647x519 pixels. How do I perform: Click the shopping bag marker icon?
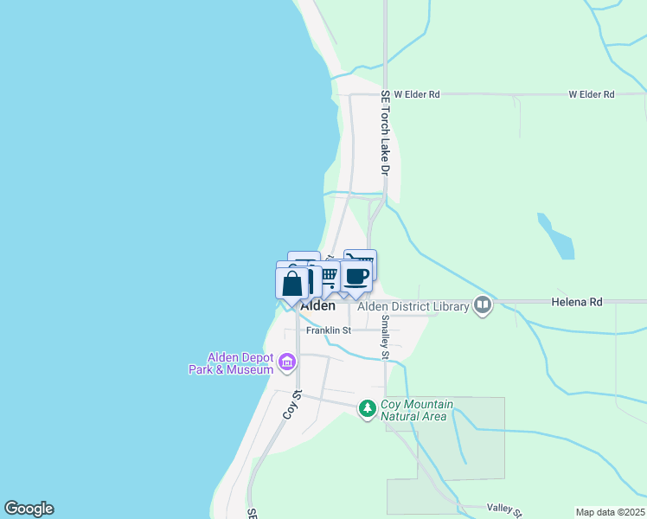click(292, 283)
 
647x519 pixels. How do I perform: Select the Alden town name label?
click(317, 306)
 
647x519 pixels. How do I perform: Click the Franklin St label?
click(329, 330)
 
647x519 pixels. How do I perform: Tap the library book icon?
click(483, 304)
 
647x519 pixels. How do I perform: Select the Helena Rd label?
click(575, 302)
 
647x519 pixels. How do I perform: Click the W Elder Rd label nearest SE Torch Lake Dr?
click(417, 94)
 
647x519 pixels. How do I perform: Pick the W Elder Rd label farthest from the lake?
click(592, 94)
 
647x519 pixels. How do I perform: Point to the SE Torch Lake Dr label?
click(385, 134)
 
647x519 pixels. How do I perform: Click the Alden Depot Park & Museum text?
click(231, 363)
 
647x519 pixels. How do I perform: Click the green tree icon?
click(368, 407)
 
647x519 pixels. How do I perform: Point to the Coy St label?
click(291, 406)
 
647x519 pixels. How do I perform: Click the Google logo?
click(29, 509)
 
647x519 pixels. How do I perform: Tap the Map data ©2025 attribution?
click(610, 512)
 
